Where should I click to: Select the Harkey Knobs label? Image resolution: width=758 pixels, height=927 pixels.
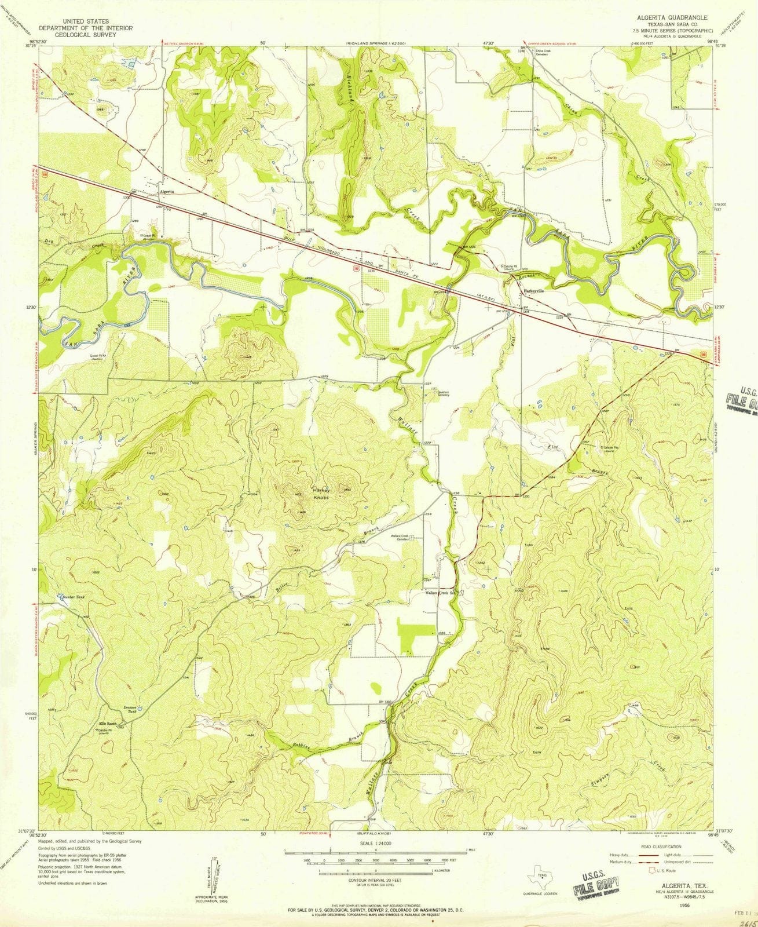pos(322,493)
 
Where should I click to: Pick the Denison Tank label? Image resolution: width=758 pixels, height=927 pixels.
pos(130,709)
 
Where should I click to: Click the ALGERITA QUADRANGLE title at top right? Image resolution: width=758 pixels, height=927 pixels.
pos(666,18)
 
